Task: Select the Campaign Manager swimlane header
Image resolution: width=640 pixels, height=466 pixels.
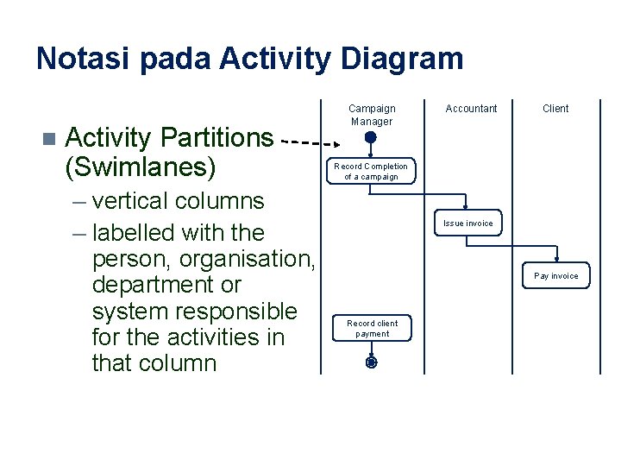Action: point(372,114)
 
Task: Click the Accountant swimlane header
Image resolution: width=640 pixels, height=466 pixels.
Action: point(471,109)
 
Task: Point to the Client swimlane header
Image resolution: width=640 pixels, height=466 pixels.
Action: point(555,109)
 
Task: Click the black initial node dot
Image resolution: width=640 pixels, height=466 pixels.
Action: point(370,137)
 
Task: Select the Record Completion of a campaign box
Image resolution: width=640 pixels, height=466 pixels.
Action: point(371,171)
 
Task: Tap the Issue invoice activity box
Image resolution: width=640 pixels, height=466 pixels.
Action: point(468,224)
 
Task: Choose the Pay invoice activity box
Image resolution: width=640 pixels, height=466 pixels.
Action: point(556,276)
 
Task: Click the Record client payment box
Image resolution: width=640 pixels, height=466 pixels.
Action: point(372,329)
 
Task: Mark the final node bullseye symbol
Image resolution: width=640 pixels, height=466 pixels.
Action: point(371,363)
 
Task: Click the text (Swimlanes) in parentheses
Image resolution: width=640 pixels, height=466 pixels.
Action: point(138,165)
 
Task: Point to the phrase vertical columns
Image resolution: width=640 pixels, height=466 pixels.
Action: point(178,201)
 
